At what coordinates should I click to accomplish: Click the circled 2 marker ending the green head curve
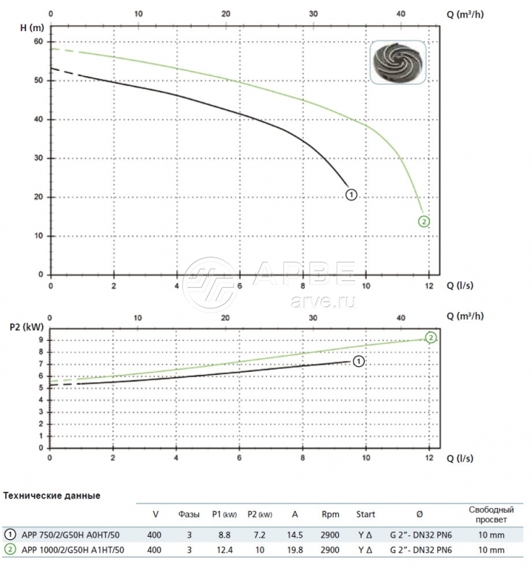(424, 221)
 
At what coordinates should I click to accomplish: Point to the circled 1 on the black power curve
(359, 362)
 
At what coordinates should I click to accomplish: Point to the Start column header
(366, 515)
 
